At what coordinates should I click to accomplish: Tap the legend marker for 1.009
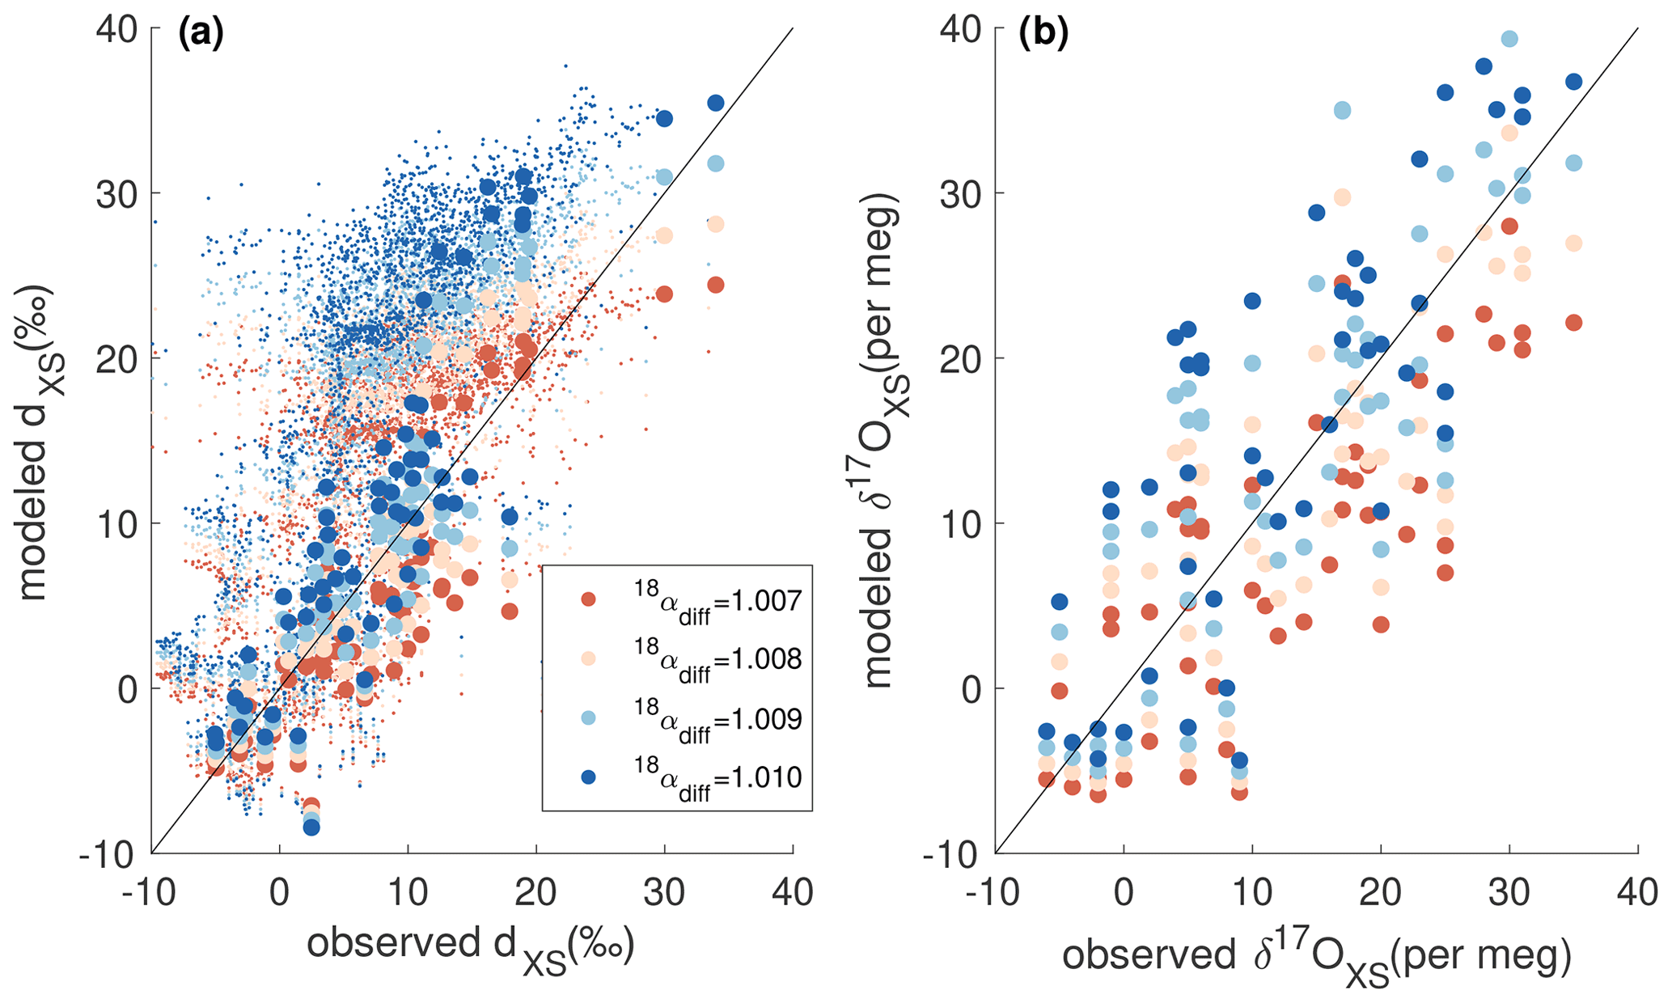pyautogui.click(x=589, y=717)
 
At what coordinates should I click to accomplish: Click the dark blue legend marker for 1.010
pyautogui.click(x=589, y=777)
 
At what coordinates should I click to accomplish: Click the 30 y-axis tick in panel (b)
pyautogui.click(x=963, y=194)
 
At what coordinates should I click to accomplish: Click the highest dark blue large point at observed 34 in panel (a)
pyautogui.click(x=716, y=103)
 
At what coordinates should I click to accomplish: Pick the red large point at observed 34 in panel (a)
pyautogui.click(x=716, y=285)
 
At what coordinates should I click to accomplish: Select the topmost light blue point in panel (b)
pyautogui.click(x=1509, y=39)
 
